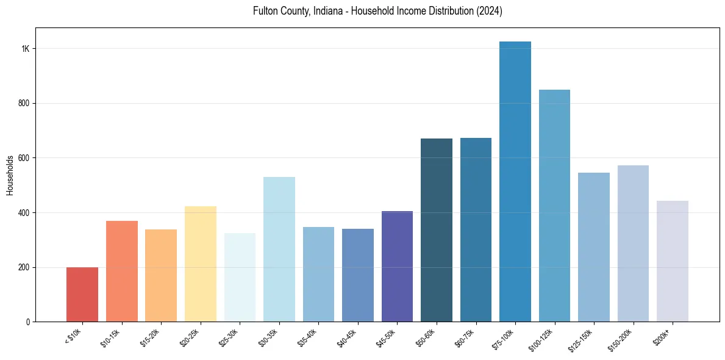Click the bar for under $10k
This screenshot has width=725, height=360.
click(x=82, y=295)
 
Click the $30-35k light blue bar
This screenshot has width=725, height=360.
click(x=279, y=250)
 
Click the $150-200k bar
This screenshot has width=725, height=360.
click(x=633, y=243)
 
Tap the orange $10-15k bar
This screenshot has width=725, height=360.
click(x=122, y=272)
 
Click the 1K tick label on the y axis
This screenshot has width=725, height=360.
click(x=26, y=49)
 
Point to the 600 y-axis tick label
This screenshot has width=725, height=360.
click(x=24, y=158)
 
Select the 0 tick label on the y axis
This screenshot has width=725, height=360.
click(x=28, y=322)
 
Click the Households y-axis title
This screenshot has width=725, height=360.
click(x=10, y=175)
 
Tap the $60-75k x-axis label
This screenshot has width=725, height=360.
click(x=466, y=337)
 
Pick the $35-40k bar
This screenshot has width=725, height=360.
click(x=318, y=275)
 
